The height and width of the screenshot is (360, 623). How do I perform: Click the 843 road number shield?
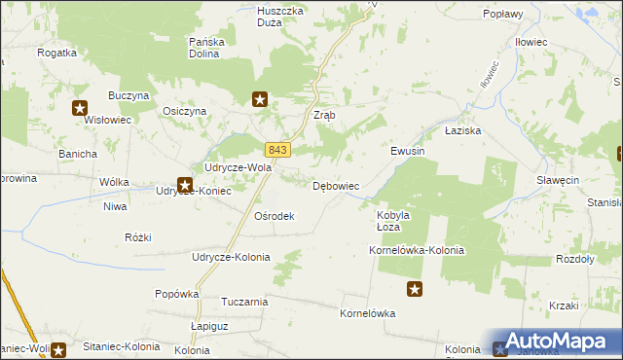[277, 149]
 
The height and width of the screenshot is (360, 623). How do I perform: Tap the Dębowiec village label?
[337, 185]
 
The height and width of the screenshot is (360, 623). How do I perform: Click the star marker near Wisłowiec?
[80, 109]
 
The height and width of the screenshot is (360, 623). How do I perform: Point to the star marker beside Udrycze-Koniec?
[184, 183]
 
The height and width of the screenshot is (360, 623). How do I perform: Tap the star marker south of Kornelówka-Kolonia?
[415, 289]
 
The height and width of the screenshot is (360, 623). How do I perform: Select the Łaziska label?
[463, 129]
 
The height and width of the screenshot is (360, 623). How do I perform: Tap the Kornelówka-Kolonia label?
[417, 250]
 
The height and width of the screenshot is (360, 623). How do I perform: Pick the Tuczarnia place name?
[244, 302]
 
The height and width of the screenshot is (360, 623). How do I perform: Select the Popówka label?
[177, 293]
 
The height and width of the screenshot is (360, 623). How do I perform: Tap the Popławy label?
[503, 15]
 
